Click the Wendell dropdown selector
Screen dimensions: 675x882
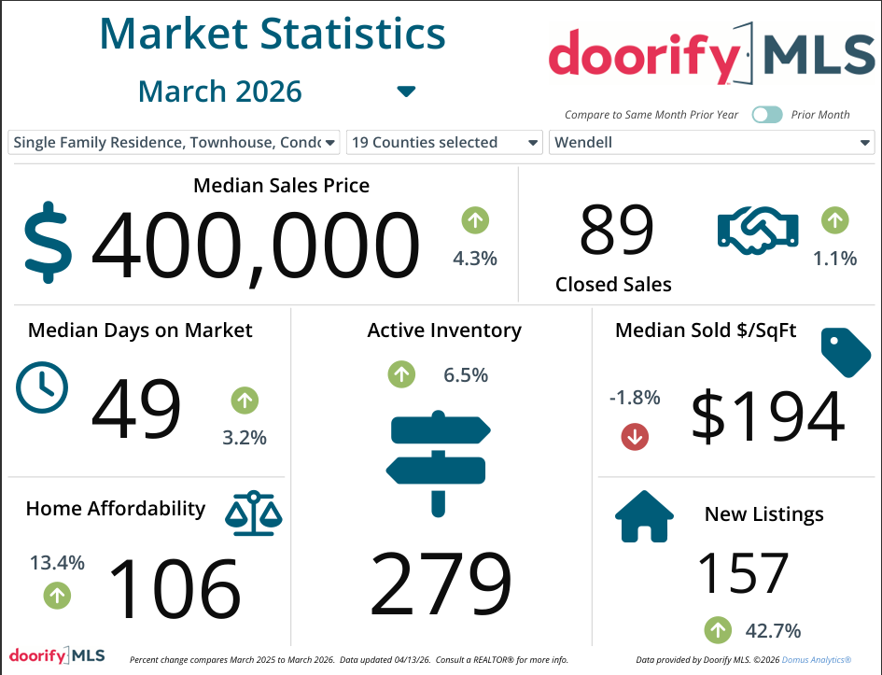pos(711,143)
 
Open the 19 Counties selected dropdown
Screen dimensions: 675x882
pos(444,143)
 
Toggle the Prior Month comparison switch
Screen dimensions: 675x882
pos(767,115)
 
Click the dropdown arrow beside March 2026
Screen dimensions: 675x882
pos(406,91)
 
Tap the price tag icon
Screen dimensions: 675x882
pos(845,351)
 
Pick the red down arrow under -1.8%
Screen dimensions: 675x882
pos(635,436)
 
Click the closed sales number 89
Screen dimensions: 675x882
pos(617,230)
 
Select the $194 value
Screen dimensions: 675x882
pos(767,416)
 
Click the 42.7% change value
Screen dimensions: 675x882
pos(773,630)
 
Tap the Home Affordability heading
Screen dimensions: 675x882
pos(116,509)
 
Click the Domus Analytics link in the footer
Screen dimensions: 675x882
pos(815,660)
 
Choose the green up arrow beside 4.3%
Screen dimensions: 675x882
pos(475,221)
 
